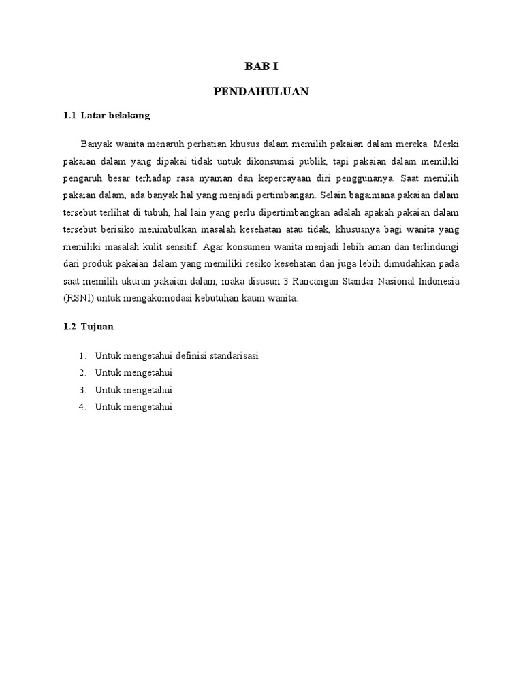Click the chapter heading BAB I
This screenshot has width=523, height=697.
(x=261, y=67)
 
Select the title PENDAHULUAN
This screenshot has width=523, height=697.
(x=261, y=92)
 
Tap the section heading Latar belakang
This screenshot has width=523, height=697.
(x=115, y=116)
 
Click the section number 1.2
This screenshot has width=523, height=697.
(x=69, y=327)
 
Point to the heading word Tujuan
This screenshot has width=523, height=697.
(x=97, y=327)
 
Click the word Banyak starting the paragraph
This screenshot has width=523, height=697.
(x=96, y=144)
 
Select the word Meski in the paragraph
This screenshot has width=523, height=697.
(x=447, y=144)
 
